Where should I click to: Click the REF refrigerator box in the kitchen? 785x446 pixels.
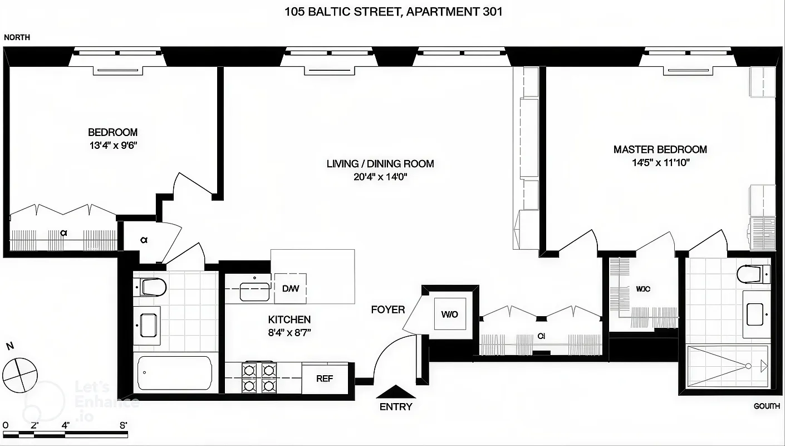click(x=325, y=379)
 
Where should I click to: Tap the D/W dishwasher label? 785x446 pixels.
click(x=290, y=288)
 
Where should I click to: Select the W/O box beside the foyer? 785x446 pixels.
click(x=449, y=314)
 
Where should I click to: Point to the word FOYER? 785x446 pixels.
click(x=388, y=309)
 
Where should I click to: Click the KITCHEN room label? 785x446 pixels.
click(x=290, y=319)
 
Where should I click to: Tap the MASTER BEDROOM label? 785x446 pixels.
click(x=660, y=149)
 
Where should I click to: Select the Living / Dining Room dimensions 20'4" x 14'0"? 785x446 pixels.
click(x=380, y=177)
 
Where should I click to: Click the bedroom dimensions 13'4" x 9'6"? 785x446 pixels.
click(x=112, y=146)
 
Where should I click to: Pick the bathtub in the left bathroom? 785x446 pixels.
click(x=174, y=374)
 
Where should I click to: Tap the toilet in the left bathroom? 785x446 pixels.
click(x=153, y=287)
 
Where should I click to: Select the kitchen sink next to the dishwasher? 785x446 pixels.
click(x=254, y=291)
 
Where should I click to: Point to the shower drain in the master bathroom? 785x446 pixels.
click(x=748, y=366)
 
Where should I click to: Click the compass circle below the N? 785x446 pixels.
click(x=19, y=374)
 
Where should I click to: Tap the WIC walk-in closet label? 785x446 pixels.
click(x=643, y=289)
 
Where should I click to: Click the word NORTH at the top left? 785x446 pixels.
click(x=17, y=37)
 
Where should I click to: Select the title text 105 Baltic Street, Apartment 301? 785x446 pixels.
click(x=393, y=12)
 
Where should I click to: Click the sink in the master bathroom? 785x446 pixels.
click(x=754, y=314)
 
